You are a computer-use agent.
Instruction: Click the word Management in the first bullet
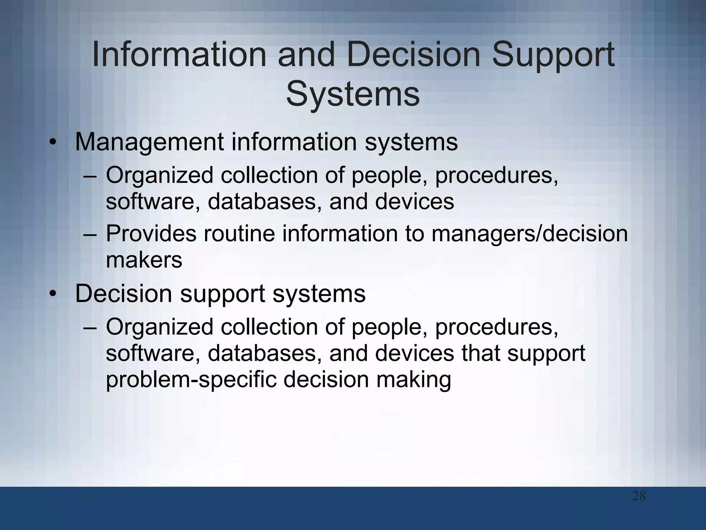(x=149, y=142)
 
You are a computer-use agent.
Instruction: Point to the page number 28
(x=639, y=497)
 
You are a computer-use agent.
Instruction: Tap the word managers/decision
(x=529, y=234)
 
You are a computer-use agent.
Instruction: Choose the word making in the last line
(x=413, y=380)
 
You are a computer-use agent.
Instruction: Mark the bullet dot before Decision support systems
(x=52, y=294)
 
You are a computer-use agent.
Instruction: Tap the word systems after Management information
(x=411, y=142)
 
